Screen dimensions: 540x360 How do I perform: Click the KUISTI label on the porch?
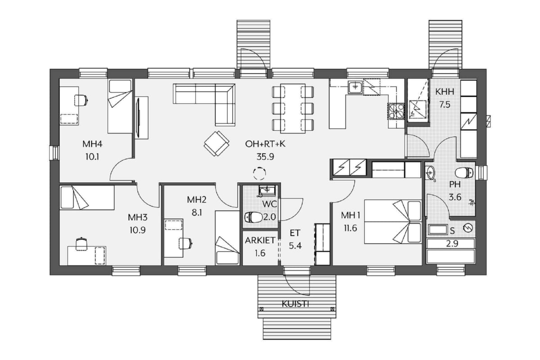[x=295, y=304]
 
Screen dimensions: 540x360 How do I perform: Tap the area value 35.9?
[x=265, y=157]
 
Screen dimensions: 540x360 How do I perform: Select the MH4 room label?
[x=92, y=144]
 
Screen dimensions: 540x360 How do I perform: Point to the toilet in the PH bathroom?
[x=464, y=173]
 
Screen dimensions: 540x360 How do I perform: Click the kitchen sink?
[x=355, y=87]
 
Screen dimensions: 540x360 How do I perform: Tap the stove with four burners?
[x=396, y=112]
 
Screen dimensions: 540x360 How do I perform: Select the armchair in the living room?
[x=216, y=144]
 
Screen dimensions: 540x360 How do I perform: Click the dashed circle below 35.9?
[x=260, y=173]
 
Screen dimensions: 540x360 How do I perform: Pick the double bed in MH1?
[x=393, y=221]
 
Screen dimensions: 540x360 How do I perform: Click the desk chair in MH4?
[x=81, y=100]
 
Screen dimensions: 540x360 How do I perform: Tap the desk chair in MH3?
[x=81, y=243]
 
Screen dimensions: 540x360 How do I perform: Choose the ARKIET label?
[x=260, y=240]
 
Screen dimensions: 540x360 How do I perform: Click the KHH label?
[x=445, y=92]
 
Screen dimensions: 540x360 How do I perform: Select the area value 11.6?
[x=350, y=228]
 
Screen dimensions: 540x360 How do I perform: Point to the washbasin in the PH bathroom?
[x=430, y=173]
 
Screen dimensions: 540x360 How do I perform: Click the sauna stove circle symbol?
[x=468, y=228]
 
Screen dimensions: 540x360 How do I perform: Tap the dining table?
[x=293, y=108]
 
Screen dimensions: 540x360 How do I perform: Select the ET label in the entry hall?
[x=295, y=233]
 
